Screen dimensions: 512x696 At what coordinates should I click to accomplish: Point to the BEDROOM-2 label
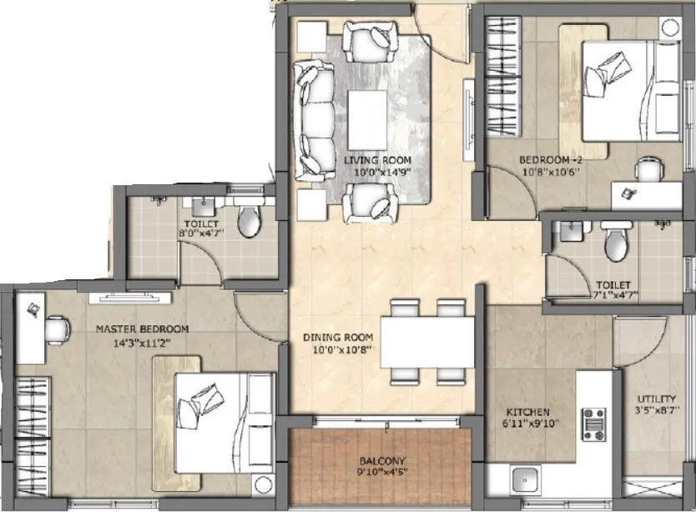[547, 159]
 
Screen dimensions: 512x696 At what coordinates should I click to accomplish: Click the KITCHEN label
[527, 412]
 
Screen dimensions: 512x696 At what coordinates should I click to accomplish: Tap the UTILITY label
[651, 399]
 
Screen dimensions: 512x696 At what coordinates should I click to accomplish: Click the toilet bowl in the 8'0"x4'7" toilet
[249, 221]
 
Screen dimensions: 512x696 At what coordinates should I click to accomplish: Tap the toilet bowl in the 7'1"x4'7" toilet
[616, 243]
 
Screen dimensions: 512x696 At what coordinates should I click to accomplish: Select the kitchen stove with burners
[597, 424]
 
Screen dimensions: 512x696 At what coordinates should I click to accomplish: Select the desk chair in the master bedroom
[56, 329]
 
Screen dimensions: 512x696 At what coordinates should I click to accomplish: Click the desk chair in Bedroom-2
[648, 170]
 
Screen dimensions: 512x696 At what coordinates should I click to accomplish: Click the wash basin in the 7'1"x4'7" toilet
[571, 233]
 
